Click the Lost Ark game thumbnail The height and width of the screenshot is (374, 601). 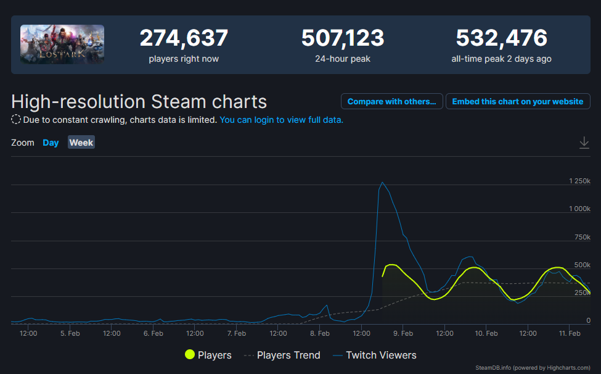[62, 44]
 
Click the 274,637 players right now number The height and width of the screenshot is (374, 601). [184, 38]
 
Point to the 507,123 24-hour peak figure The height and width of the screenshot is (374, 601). [343, 38]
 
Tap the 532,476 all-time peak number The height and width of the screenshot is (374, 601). [501, 38]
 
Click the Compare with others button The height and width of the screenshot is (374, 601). [391, 101]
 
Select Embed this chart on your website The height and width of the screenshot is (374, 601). [518, 101]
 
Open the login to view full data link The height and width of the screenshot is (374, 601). [281, 120]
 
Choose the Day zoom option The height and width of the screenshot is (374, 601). [51, 143]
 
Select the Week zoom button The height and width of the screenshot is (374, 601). [81, 143]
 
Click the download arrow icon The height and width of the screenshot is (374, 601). [584, 143]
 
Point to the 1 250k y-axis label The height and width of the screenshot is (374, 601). [579, 181]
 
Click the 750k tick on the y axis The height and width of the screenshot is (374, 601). [583, 237]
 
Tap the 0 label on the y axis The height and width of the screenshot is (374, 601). [588, 320]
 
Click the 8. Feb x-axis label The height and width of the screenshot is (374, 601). [320, 333]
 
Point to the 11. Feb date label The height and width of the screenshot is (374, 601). [570, 333]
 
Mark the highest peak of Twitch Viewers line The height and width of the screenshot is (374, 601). [382, 182]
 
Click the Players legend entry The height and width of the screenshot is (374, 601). [208, 355]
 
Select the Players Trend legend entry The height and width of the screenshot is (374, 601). [282, 355]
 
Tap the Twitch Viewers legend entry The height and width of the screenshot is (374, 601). [375, 355]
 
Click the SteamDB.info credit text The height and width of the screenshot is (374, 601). [533, 367]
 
